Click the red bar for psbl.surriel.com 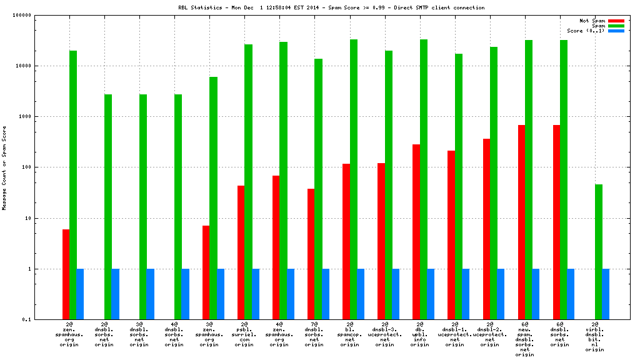click(241, 252)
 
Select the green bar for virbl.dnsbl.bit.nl click(599, 252)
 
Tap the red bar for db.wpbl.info click(416, 232)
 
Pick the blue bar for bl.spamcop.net click(361, 294)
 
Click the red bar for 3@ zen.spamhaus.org click(206, 272)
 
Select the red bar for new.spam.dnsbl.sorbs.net click(521, 222)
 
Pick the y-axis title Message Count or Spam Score click(4, 167)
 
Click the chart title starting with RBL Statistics click(331, 7)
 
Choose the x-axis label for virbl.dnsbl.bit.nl click(595, 337)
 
